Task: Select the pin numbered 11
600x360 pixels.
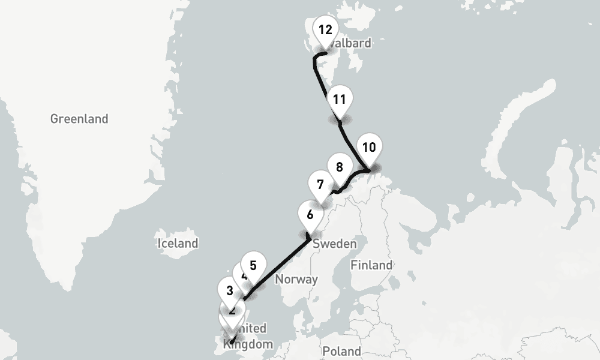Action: (340, 100)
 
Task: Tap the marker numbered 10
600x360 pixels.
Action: (369, 148)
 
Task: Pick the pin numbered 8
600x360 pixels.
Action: (340, 167)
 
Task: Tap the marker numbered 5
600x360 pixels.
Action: (253, 265)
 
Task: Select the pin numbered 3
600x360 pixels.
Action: (230, 292)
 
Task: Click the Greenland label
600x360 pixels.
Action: (79, 119)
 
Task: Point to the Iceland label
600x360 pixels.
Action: (178, 244)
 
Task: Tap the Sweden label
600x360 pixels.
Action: (335, 244)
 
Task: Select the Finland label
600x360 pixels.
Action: (372, 265)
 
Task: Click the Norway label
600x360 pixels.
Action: (296, 279)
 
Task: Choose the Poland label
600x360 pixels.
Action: (341, 351)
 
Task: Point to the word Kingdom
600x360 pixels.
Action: (248, 344)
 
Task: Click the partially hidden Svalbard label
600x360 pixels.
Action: (354, 43)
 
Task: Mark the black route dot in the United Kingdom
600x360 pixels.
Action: (232, 342)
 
